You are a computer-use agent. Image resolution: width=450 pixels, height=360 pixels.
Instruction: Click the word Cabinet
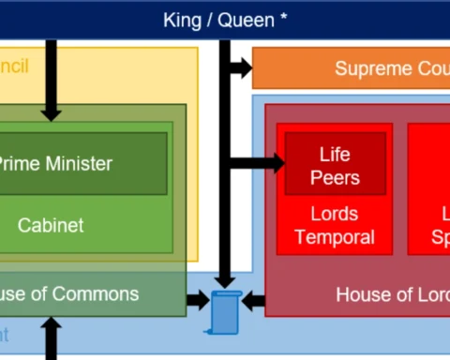51,225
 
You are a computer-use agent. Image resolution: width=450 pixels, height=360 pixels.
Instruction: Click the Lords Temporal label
335,225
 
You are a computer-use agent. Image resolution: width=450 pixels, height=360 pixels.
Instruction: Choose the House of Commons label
69,293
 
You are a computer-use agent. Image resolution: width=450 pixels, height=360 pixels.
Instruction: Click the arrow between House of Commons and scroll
197,301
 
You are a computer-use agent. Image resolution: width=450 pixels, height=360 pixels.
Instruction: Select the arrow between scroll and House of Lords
254,301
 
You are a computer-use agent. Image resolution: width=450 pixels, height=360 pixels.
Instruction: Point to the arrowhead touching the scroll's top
224,280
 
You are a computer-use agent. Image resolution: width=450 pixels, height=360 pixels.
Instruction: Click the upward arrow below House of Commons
51,337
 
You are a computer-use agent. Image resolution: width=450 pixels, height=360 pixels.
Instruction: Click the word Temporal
335,237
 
